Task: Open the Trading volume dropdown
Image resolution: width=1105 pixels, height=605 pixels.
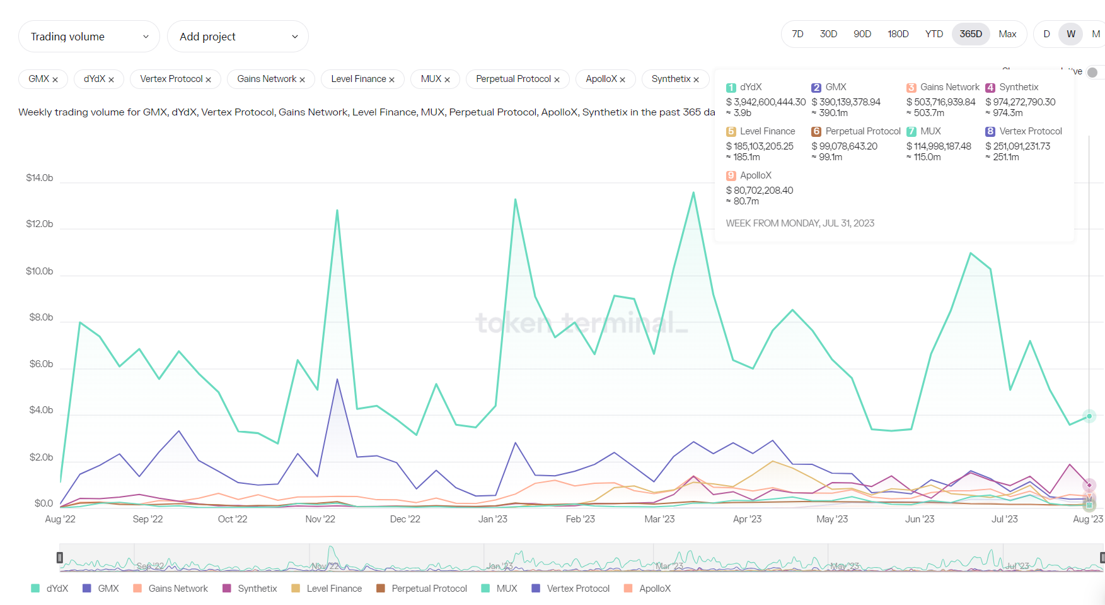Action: [89, 37]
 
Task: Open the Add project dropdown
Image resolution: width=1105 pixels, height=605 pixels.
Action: [238, 37]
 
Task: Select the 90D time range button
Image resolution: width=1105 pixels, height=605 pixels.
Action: [862, 34]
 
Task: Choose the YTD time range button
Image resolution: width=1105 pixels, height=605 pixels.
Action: [934, 34]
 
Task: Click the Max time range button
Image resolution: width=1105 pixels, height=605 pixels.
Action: [1007, 34]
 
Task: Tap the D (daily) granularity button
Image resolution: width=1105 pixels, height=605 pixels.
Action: [1046, 34]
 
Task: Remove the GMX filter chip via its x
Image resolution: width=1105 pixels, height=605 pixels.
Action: [55, 79]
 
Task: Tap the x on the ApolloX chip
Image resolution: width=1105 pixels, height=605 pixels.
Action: [623, 79]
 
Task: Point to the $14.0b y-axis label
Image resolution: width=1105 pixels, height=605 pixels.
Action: [39, 178]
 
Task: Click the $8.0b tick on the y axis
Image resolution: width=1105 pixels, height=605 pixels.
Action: [41, 317]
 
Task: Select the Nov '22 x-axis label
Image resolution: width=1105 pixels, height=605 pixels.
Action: [320, 519]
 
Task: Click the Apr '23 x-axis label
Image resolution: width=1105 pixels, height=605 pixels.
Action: [747, 519]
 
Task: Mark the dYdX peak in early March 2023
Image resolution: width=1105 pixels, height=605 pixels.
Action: [693, 192]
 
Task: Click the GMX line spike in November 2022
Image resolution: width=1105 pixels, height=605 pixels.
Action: [337, 379]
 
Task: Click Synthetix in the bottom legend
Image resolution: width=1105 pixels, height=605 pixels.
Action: [257, 589]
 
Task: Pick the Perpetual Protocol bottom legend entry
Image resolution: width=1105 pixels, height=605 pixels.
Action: [429, 589]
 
